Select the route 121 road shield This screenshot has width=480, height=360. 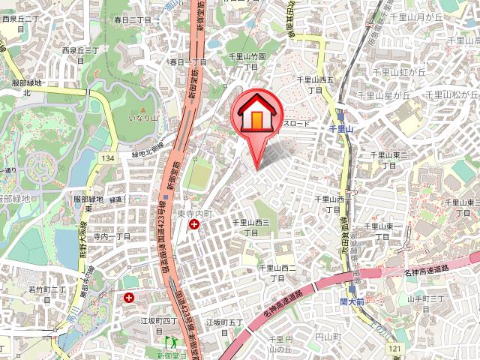[394, 350]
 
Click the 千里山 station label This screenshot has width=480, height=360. [341, 129]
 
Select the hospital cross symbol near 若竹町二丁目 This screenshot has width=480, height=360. [129, 298]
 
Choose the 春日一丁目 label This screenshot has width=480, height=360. [187, 62]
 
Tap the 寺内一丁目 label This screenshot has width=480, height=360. [112, 235]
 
